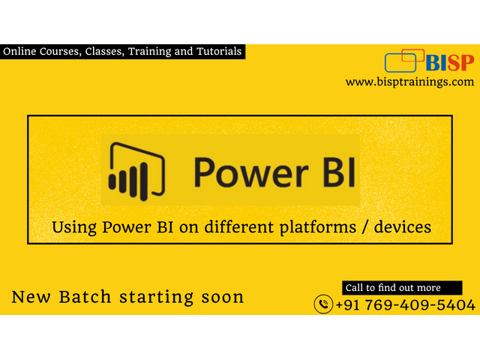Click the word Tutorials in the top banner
click(x=219, y=51)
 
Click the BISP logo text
click(x=450, y=63)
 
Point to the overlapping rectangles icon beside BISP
click(x=404, y=61)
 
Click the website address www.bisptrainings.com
click(x=410, y=82)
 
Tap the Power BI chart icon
click(x=136, y=171)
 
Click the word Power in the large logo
click(x=251, y=172)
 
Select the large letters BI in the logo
click(x=339, y=172)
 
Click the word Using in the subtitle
click(x=74, y=228)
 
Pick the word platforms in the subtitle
click(x=318, y=228)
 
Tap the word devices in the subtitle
click(x=403, y=227)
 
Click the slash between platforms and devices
click(x=365, y=227)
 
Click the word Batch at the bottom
click(x=85, y=297)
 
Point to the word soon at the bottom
click(x=223, y=297)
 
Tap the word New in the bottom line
click(x=31, y=297)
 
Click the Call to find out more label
click(x=393, y=288)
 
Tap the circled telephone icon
click(x=323, y=304)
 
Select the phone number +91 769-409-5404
click(x=406, y=305)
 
